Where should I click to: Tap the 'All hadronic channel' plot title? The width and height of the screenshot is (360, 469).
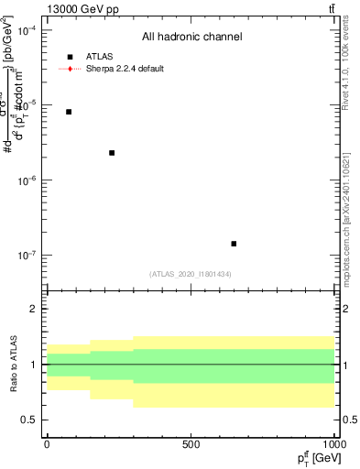(191, 38)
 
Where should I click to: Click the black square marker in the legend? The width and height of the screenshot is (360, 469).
(70, 57)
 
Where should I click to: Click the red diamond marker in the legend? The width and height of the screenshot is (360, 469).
(70, 69)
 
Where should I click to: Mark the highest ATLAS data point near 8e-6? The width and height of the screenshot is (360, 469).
(69, 112)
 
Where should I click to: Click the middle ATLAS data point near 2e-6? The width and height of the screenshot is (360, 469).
(112, 153)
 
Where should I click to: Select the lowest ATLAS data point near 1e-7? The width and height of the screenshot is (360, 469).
(234, 244)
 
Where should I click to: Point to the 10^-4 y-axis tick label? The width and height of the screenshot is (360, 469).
(26, 30)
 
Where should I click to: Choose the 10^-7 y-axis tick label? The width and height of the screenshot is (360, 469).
(26, 256)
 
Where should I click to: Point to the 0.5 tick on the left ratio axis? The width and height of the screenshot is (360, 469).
(30, 420)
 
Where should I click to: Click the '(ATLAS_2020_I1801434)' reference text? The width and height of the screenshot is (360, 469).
(191, 275)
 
